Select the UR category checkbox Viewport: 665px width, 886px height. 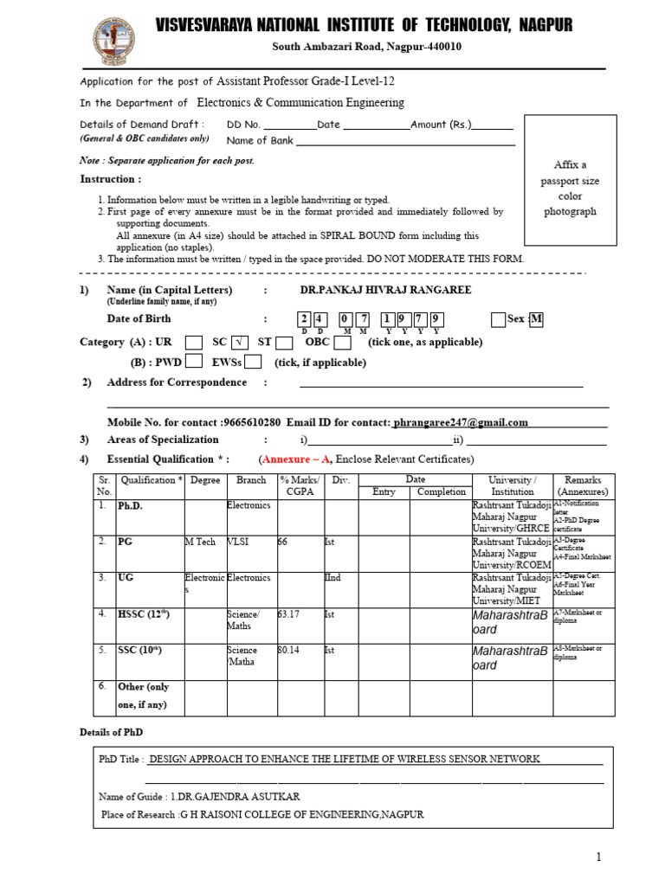tap(195, 342)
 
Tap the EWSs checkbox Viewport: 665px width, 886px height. tap(253, 363)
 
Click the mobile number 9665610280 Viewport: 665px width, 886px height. tap(251, 422)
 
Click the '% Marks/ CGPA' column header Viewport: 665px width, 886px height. tap(299, 485)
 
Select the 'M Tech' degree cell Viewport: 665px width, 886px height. tap(200, 542)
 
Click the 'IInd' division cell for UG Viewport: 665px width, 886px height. tap(333, 578)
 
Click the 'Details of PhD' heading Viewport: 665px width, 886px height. tap(110, 733)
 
